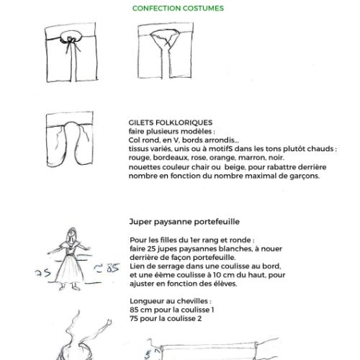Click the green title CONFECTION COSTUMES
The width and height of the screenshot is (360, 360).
(178, 8)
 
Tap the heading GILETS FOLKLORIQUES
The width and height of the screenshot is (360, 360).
(171, 122)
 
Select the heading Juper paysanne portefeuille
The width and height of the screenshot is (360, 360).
(184, 222)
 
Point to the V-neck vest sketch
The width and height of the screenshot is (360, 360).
(166, 50)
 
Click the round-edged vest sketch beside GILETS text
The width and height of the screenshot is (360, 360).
(70, 139)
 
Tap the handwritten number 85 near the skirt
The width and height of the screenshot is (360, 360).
(112, 268)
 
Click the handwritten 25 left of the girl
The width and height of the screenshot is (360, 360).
(42, 273)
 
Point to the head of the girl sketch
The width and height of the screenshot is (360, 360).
(71, 234)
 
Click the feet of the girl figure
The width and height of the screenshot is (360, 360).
(70, 287)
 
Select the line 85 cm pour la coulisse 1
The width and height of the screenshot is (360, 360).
(172, 310)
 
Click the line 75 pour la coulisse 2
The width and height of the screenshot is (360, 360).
(166, 318)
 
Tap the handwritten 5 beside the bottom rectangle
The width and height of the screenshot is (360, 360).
(148, 355)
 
